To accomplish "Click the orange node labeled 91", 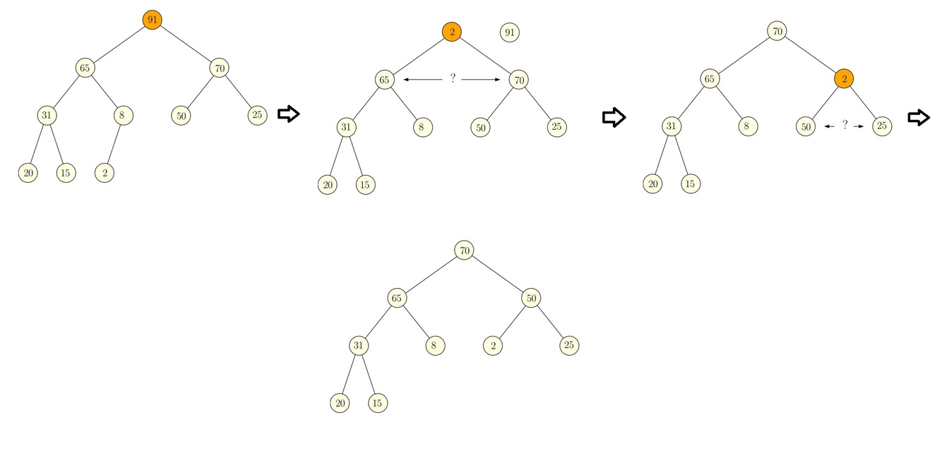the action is click(x=152, y=20).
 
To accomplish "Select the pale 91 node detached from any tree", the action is click(x=509, y=32).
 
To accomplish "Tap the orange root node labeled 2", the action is click(x=452, y=32).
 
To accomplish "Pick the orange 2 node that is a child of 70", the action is click(x=844, y=79).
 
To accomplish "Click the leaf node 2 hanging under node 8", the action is click(x=105, y=173).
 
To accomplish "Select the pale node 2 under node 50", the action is click(x=493, y=345).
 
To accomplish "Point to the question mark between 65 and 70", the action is click(x=453, y=79).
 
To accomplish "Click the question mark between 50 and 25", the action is click(x=845, y=126).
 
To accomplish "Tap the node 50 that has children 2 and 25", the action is click(x=531, y=299).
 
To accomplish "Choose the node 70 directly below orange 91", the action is click(x=219, y=68).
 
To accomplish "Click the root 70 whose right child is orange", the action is click(x=777, y=31).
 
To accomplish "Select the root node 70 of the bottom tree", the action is click(x=464, y=251).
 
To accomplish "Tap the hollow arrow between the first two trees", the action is click(x=288, y=114).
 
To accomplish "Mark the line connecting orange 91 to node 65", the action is click(x=119, y=44).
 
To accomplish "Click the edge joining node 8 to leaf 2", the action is click(x=114, y=143).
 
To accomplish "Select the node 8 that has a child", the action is click(x=123, y=114).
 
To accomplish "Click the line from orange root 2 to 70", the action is click(x=486, y=56).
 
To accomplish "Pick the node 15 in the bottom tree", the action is click(x=378, y=403).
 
